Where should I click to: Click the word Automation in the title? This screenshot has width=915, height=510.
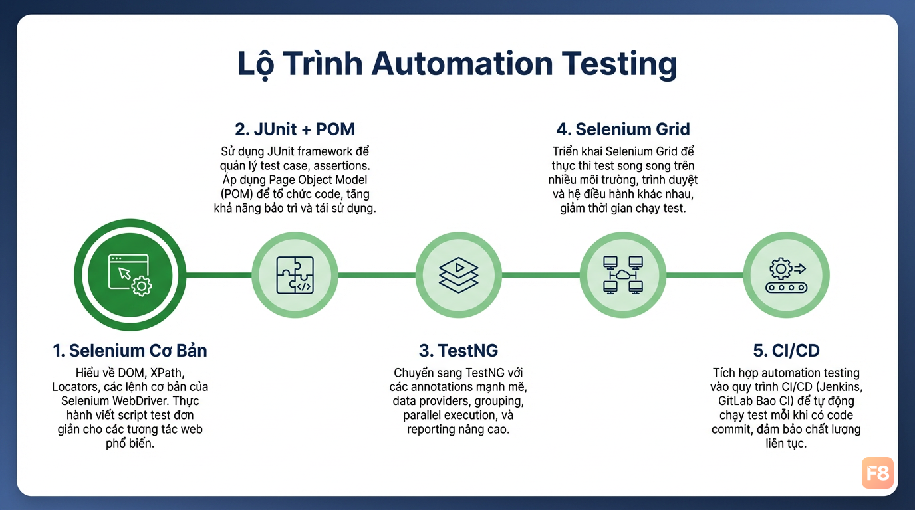[x=462, y=64]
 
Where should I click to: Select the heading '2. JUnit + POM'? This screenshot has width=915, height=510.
[x=295, y=129]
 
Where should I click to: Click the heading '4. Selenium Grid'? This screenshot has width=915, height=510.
[x=623, y=129]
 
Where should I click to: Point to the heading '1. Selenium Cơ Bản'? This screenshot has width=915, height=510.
[x=130, y=351]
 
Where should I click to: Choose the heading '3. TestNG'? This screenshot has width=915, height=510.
[x=458, y=351]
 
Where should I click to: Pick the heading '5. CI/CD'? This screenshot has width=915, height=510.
[x=786, y=351]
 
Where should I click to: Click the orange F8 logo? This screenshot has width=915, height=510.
[x=877, y=473]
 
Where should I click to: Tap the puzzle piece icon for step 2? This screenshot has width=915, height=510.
[x=295, y=275]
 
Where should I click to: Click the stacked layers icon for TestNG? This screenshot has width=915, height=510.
[x=458, y=275]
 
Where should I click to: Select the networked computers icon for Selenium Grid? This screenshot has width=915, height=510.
[x=623, y=275]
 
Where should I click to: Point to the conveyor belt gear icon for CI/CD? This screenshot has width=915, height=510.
[x=786, y=275]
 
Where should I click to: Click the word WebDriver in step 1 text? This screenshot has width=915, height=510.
[x=146, y=401]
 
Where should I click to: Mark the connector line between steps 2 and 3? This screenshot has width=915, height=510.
[x=376, y=275]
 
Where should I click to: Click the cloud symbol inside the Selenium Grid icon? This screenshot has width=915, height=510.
[x=623, y=274]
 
